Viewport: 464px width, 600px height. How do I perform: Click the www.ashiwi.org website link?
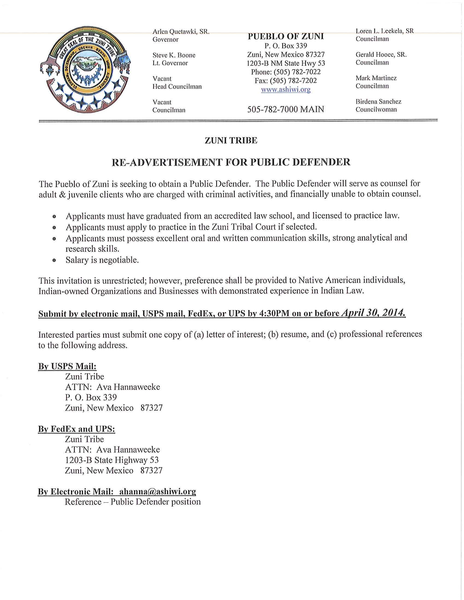pyautogui.click(x=285, y=89)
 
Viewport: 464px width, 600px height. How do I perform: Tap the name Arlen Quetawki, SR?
pyautogui.click(x=181, y=32)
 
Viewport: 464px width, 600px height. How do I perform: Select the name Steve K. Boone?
pyautogui.click(x=174, y=55)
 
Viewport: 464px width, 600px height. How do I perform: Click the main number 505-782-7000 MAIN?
pyautogui.click(x=285, y=109)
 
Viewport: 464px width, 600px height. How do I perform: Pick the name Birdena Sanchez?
pyautogui.click(x=378, y=102)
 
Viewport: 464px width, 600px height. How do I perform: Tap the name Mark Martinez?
pyautogui.click(x=376, y=78)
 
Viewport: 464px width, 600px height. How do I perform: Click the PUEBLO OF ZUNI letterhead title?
pyautogui.click(x=285, y=37)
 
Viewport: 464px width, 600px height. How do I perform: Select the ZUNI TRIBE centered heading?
pyautogui.click(x=231, y=141)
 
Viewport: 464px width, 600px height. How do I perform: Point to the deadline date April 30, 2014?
pyautogui.click(x=373, y=313)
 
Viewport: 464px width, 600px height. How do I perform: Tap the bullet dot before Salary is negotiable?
pyautogui.click(x=54, y=260)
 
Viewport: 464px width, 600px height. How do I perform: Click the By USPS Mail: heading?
pyautogui.click(x=67, y=366)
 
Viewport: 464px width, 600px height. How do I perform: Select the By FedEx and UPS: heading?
pyautogui.click(x=76, y=429)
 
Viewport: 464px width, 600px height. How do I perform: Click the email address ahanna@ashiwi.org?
pyautogui.click(x=157, y=491)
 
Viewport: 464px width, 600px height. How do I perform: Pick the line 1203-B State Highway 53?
pyautogui.click(x=112, y=460)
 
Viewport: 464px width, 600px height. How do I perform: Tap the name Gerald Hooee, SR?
pyautogui.click(x=381, y=55)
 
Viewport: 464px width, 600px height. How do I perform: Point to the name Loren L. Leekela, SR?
pyautogui.click(x=384, y=31)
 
